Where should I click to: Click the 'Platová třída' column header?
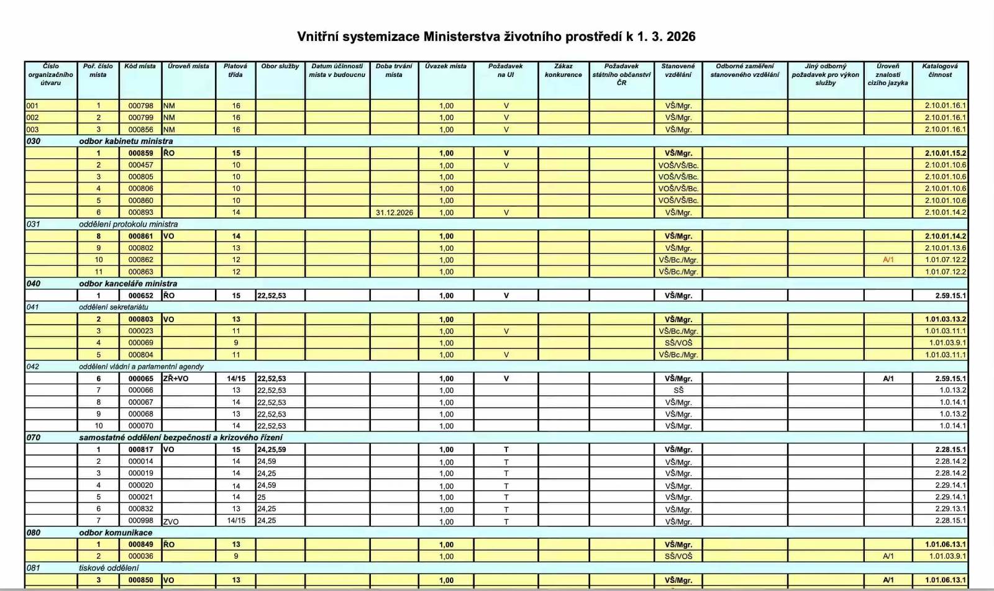(x=235, y=70)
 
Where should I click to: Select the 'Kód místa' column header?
(x=140, y=66)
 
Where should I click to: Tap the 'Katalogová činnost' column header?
(x=939, y=70)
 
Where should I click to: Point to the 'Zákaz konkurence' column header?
(x=563, y=70)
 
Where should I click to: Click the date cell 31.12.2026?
(x=394, y=212)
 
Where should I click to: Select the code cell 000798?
(x=141, y=106)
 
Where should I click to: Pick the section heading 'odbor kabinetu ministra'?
(x=126, y=141)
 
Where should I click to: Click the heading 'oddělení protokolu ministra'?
(x=128, y=224)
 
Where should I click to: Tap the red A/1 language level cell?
(x=888, y=259)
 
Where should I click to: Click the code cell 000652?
(x=141, y=295)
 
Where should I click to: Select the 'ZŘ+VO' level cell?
(x=176, y=378)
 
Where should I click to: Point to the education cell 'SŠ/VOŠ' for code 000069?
(x=678, y=343)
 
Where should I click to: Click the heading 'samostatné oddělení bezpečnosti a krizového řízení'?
(x=180, y=437)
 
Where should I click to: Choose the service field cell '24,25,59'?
(x=271, y=449)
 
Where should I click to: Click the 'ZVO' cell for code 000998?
(x=171, y=521)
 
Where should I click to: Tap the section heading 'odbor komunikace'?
(x=116, y=533)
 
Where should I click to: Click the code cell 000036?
(x=141, y=556)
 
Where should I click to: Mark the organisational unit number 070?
(x=34, y=437)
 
